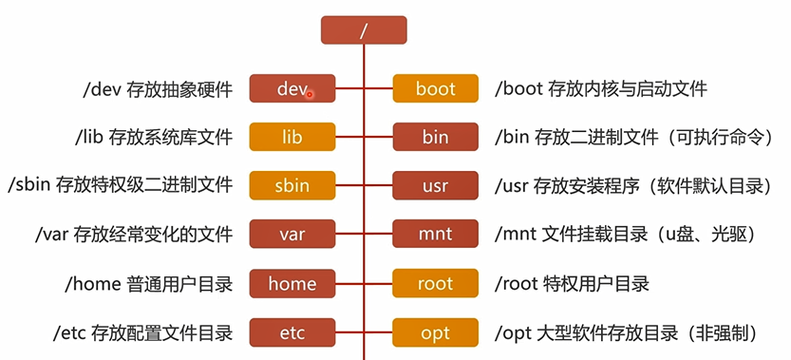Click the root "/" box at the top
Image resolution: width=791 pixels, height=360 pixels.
tap(364, 29)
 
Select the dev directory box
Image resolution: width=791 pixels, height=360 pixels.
tap(292, 89)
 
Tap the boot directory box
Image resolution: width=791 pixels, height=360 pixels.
tap(435, 89)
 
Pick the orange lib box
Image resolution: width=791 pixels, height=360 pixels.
tap(292, 138)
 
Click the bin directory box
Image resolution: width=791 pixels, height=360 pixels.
tap(435, 138)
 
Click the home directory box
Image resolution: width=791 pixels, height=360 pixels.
tap(292, 284)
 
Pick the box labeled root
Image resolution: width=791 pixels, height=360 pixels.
tap(435, 284)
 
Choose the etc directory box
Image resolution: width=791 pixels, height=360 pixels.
tap(292, 333)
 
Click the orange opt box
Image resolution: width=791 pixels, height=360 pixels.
tap(435, 333)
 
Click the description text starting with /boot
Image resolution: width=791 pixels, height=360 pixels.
tap(601, 89)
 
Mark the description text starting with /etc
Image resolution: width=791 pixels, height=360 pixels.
tap(143, 333)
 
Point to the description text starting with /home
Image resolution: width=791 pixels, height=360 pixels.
tap(148, 284)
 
